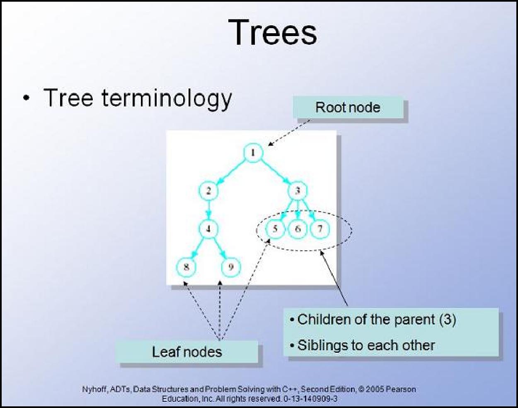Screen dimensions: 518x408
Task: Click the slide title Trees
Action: (273, 32)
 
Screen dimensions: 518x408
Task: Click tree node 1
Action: (253, 153)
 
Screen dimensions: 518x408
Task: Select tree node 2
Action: (208, 191)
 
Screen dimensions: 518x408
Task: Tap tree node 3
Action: (298, 191)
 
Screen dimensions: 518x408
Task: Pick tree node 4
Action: (208, 229)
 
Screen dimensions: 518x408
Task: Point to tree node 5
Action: (275, 229)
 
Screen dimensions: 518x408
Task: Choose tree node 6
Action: (298, 229)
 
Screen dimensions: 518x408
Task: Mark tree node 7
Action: (320, 229)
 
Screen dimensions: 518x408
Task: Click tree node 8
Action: (186, 267)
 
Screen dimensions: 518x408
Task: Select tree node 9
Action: (231, 267)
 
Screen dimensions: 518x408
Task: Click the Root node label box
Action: (348, 107)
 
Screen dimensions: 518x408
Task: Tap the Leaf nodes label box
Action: (187, 352)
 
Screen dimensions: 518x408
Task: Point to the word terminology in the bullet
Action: (167, 98)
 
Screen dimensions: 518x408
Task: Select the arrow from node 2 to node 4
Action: (208, 210)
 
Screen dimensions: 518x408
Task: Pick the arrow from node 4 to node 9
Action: (220, 248)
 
